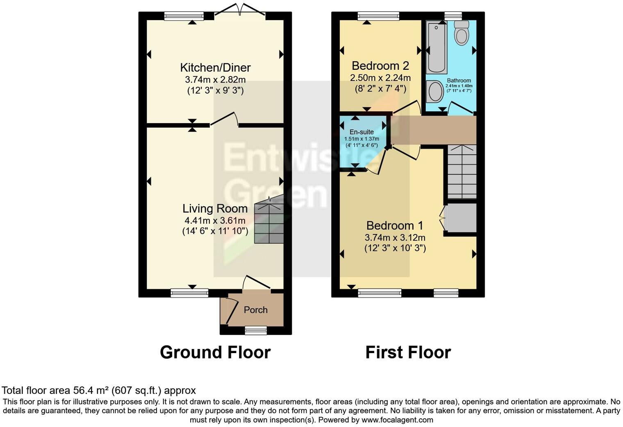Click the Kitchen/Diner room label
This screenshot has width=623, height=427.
pos(215,67)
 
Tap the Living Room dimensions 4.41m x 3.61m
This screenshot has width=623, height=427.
pos(215,220)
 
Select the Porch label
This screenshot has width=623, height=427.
pos(255,310)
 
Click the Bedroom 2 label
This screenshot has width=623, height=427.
pos(380,66)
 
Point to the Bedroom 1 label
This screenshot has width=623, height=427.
pos(395,225)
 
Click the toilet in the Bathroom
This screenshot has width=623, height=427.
pos(462,33)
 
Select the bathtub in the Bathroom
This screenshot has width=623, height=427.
pos(437,48)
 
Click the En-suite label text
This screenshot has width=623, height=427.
pos(361,132)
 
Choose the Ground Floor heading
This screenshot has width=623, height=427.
pos(215,352)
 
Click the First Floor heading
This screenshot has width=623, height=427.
pos(408,352)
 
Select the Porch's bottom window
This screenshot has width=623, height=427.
pos(256,330)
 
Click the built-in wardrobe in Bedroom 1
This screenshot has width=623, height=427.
pos(461,218)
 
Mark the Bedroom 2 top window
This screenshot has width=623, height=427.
pos(378,16)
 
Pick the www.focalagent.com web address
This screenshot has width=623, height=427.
pos(397,420)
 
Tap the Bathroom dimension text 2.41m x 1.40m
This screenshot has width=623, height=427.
pos(459,86)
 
